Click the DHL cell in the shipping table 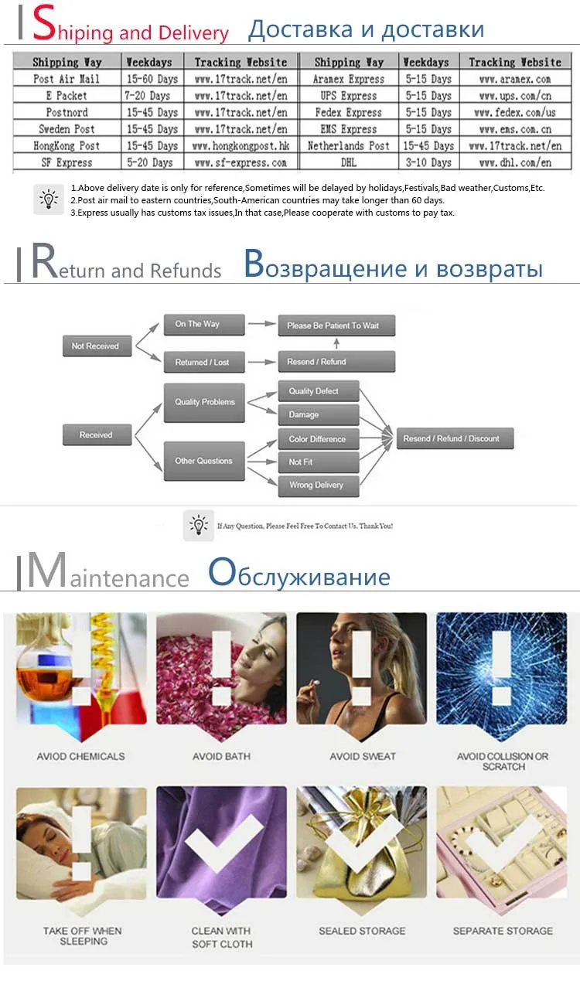(348, 162)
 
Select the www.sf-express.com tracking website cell (240, 162)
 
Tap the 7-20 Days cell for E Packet (152, 96)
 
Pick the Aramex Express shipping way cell (348, 79)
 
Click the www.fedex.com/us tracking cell (515, 113)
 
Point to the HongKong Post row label (67, 145)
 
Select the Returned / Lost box (203, 362)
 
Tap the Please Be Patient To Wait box (336, 325)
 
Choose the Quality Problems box (204, 402)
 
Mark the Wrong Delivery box (318, 485)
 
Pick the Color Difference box (318, 439)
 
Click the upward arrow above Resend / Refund (336, 343)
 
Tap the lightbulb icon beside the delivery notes (49, 199)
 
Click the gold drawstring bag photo (361, 850)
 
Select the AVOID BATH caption (221, 756)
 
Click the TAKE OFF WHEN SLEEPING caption (83, 936)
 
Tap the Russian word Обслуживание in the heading (299, 576)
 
